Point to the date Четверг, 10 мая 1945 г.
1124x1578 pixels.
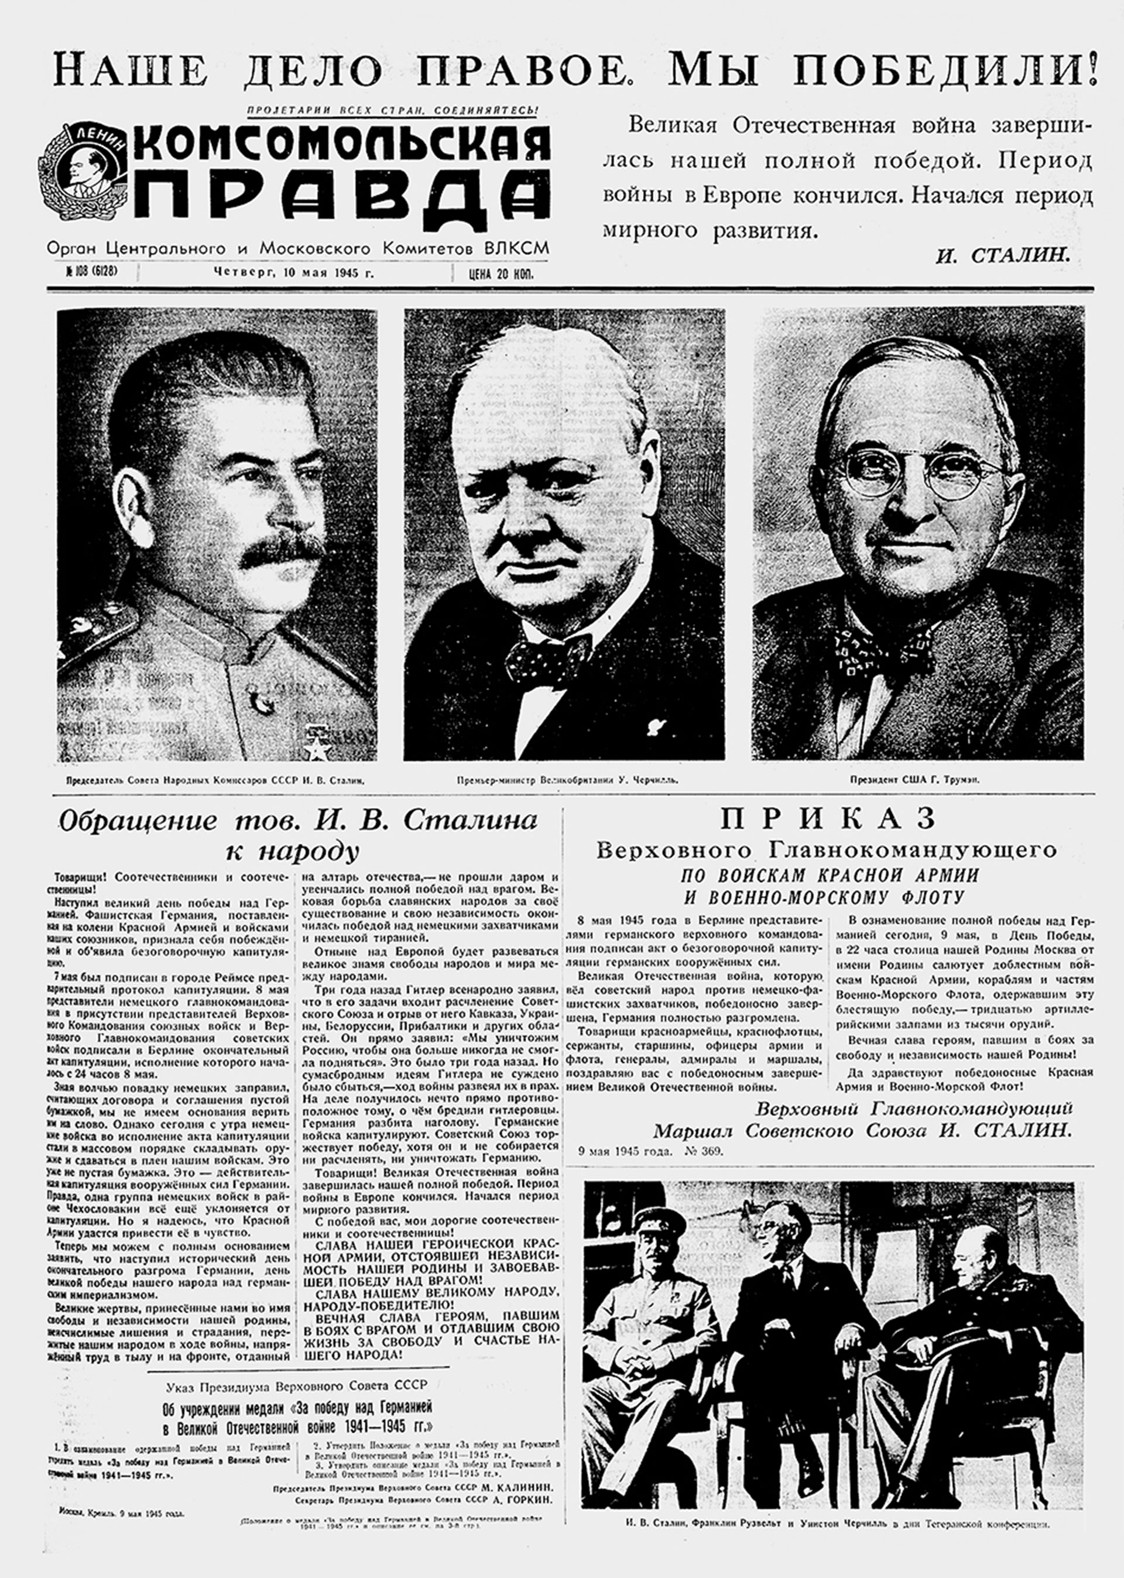point(293,273)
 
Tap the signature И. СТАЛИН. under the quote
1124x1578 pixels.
point(1003,256)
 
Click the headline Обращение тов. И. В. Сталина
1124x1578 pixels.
point(297,821)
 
